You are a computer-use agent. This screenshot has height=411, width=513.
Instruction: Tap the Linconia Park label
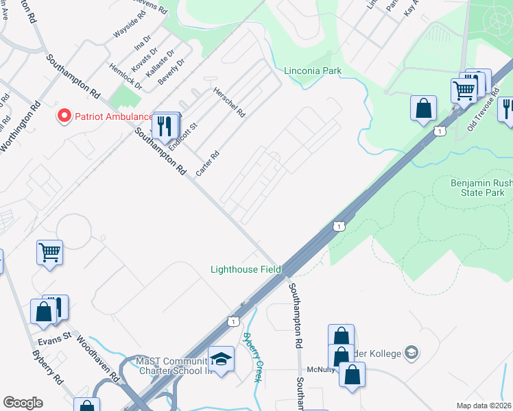tap(313, 71)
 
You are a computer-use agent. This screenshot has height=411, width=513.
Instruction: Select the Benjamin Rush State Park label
tap(481, 188)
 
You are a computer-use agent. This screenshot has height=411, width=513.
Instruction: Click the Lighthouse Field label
tap(246, 269)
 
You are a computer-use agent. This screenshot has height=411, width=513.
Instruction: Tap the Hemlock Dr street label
tap(126, 77)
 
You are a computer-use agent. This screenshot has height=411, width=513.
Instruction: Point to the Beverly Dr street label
tap(171, 71)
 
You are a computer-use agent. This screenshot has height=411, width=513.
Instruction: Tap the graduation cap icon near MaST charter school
tap(222, 359)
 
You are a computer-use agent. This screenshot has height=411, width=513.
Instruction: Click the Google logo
tap(23, 403)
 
